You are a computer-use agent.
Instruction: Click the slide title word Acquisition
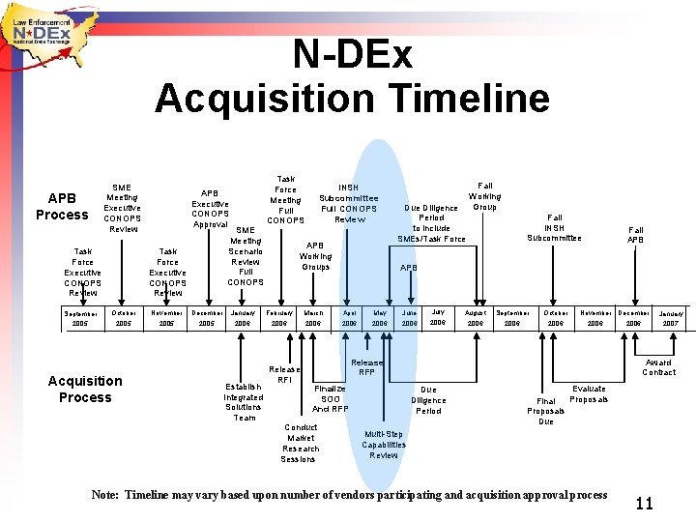(x=261, y=98)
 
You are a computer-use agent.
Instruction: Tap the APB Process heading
(x=62, y=206)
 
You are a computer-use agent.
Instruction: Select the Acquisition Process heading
(x=85, y=389)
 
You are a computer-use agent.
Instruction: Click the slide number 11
(x=645, y=503)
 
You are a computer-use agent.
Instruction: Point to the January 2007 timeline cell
(x=670, y=318)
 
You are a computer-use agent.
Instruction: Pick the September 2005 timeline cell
(x=81, y=318)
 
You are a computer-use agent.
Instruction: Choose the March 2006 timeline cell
(x=314, y=318)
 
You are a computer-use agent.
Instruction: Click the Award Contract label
(x=658, y=367)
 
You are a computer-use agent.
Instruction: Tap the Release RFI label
(x=284, y=374)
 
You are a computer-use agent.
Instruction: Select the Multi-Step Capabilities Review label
(x=384, y=445)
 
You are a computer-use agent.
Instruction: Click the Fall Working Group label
(x=484, y=196)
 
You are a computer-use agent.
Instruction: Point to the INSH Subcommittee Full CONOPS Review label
(x=349, y=203)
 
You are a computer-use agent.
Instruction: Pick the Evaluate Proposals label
(x=589, y=393)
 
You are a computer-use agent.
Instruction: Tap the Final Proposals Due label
(x=546, y=411)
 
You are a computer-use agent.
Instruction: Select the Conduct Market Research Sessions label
(x=301, y=443)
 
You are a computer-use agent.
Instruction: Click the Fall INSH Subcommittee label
(x=554, y=227)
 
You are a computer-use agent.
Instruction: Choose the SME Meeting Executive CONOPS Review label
(x=122, y=208)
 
